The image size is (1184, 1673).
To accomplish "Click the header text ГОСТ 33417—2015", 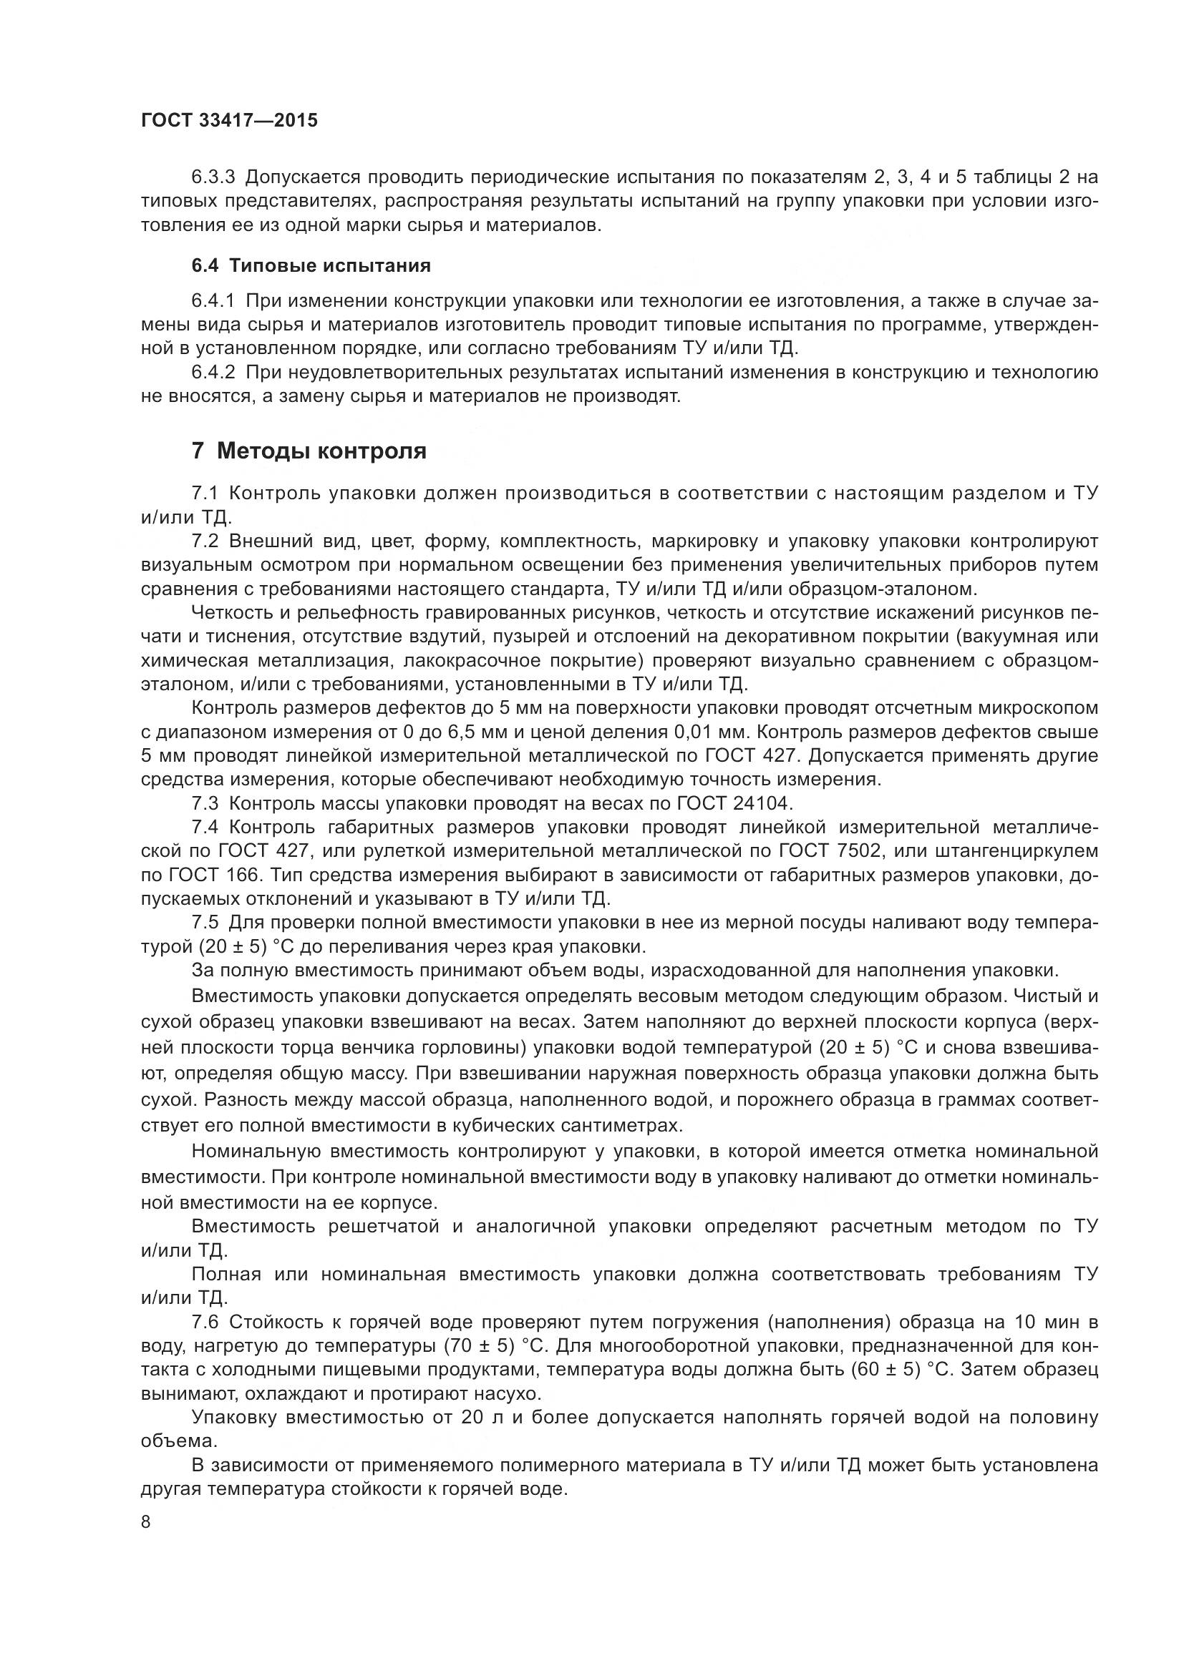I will (x=230, y=120).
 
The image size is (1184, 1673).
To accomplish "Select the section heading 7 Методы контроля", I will (x=309, y=451).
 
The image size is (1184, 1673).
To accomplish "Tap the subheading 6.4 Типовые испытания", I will (x=311, y=265).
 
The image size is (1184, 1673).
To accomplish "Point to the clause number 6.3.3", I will (x=213, y=177).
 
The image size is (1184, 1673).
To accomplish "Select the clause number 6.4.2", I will (x=213, y=373).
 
